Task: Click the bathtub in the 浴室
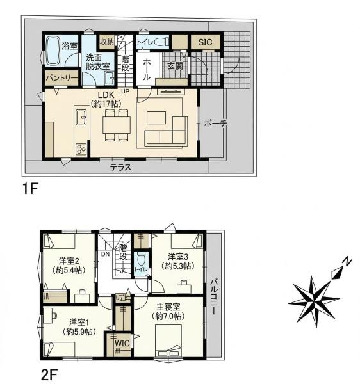click(53, 51)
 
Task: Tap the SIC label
click(205, 42)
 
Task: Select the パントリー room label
click(62, 78)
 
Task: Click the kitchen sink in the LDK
click(81, 117)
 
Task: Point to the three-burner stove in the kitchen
click(81, 149)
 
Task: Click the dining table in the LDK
click(117, 125)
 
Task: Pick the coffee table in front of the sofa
click(156, 118)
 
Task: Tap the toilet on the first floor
click(162, 42)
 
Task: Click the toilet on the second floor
click(141, 259)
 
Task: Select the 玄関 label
click(175, 66)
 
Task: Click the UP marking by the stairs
click(125, 92)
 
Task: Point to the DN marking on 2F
click(106, 254)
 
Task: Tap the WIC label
click(122, 343)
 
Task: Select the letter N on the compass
click(347, 262)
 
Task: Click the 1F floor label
click(29, 189)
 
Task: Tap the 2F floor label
click(49, 374)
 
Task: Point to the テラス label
click(120, 168)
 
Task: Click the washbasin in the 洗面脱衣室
click(109, 78)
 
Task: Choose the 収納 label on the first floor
click(107, 42)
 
